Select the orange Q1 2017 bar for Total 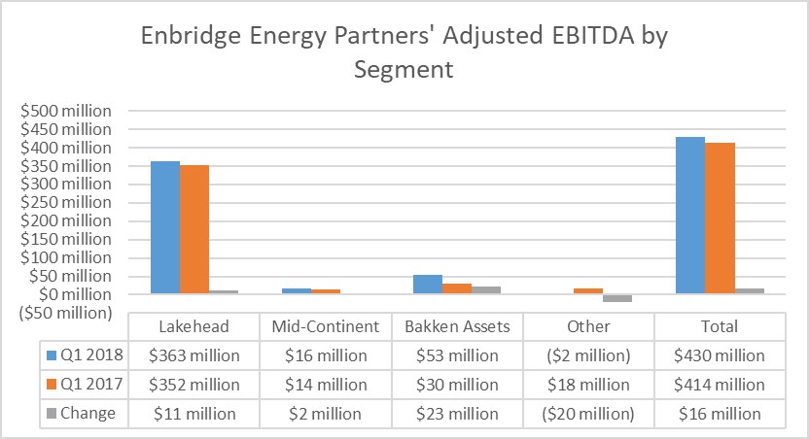pos(720,218)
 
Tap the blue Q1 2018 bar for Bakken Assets pos(427,284)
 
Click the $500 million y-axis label pos(66,110)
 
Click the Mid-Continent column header pos(326,326)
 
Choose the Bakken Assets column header pos(457,326)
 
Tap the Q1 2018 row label pos(86,355)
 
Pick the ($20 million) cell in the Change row pos(588,414)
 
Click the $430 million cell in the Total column pos(720,355)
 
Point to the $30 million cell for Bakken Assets pos(457,385)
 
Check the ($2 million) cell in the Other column pos(588,355)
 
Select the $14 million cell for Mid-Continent pos(326,385)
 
